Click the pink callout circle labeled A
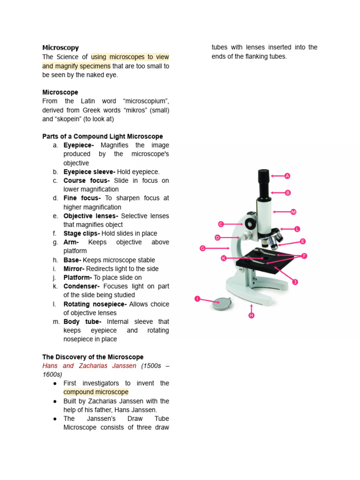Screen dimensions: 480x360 pos(287,176)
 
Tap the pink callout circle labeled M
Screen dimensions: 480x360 pos(293,212)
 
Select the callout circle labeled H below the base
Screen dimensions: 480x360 pos(251,315)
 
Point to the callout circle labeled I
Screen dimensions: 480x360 pos(197,299)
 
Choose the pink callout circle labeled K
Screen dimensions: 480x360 pos(224,258)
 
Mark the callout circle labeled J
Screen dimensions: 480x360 pos(295,282)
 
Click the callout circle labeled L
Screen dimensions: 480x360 pos(297,229)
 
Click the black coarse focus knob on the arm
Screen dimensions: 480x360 pos(251,224)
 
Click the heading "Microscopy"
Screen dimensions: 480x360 pos(60,48)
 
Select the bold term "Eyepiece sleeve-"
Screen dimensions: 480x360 pos(89,172)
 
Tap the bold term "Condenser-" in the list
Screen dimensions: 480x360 pos(81,286)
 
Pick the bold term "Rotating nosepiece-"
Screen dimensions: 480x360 pos(95,304)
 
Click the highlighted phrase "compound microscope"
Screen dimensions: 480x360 pos(96,392)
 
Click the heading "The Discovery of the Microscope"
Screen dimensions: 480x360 pos(93,357)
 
